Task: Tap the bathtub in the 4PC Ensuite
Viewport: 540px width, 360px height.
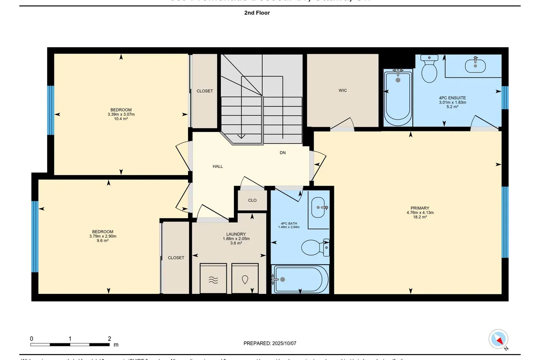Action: pyautogui.click(x=398, y=98)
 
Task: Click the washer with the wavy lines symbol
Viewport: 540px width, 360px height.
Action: pyautogui.click(x=213, y=279)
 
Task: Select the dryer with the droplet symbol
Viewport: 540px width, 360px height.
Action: pyautogui.click(x=245, y=279)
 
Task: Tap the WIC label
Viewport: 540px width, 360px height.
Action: pyautogui.click(x=343, y=90)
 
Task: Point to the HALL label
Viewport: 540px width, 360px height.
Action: pyautogui.click(x=218, y=166)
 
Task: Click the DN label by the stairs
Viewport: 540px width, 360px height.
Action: pyautogui.click(x=283, y=153)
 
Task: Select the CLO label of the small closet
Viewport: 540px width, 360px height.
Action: pyautogui.click(x=252, y=200)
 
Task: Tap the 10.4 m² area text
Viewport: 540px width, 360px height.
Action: pyautogui.click(x=121, y=119)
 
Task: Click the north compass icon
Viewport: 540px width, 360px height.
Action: pyautogui.click(x=499, y=339)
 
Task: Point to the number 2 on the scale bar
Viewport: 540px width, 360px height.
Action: pyautogui.click(x=110, y=338)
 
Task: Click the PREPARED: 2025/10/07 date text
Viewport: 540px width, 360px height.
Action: pyautogui.click(x=270, y=343)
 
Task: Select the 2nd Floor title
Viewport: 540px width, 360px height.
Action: pyautogui.click(x=257, y=13)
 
